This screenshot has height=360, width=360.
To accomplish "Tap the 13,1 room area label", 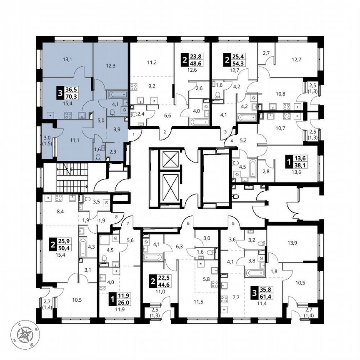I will [67, 60].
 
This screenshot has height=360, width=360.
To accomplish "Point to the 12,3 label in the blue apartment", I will [110, 65].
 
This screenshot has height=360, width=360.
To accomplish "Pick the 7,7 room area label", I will [236, 298].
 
